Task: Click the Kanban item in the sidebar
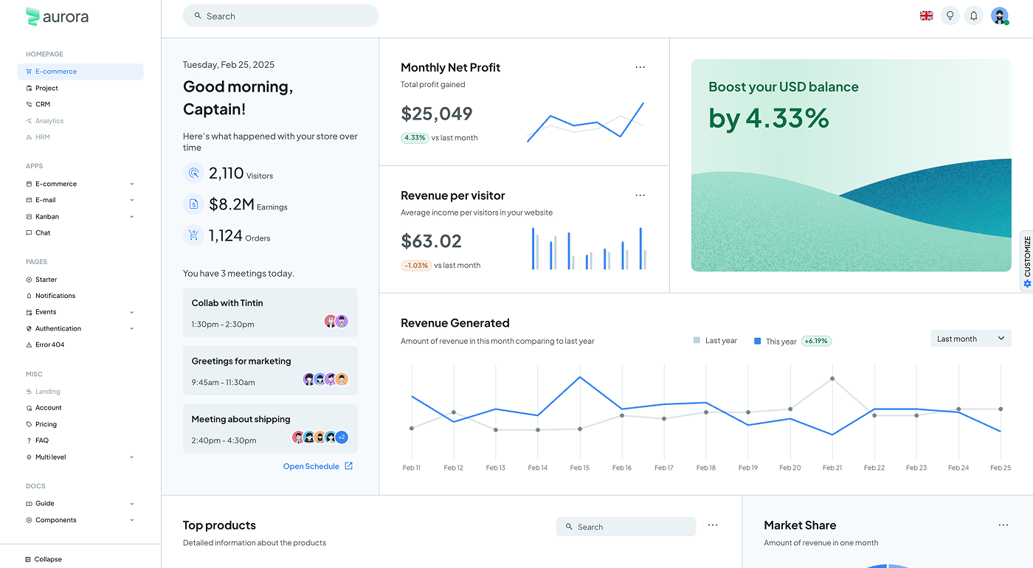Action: tap(47, 217)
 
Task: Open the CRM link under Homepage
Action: tap(43, 105)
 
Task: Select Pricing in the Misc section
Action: tap(46, 424)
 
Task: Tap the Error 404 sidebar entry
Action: tap(49, 344)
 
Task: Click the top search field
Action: tap(280, 16)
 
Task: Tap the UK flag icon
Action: tap(926, 15)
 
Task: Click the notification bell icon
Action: tap(974, 15)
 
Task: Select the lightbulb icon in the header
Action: tap(950, 15)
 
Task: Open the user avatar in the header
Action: tap(999, 15)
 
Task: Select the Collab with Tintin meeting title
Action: tap(227, 303)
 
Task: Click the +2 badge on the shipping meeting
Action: tap(341, 437)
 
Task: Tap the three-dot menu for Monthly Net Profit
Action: tap(640, 67)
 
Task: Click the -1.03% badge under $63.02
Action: tap(416, 266)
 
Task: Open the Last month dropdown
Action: tap(970, 339)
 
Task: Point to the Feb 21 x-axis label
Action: tap(832, 468)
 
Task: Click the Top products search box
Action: tap(626, 527)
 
